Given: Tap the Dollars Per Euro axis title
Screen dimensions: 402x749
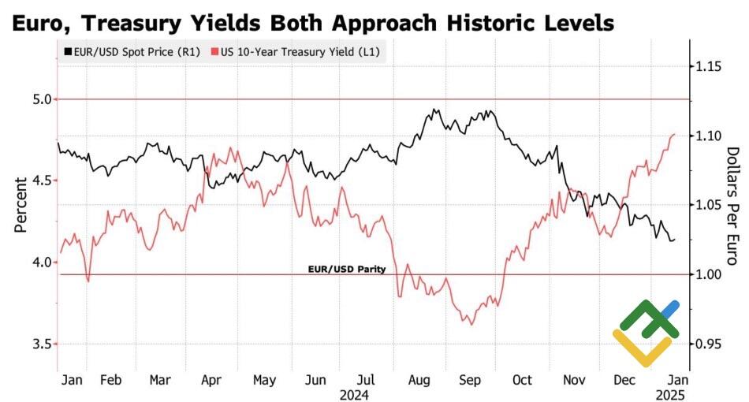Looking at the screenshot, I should pyautogui.click(x=732, y=205).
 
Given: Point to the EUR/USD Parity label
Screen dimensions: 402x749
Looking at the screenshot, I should pyautogui.click(x=346, y=269).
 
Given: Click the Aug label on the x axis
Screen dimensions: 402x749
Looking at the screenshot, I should pyautogui.click(x=419, y=380).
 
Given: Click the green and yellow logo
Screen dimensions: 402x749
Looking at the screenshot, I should pyautogui.click(x=646, y=333).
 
